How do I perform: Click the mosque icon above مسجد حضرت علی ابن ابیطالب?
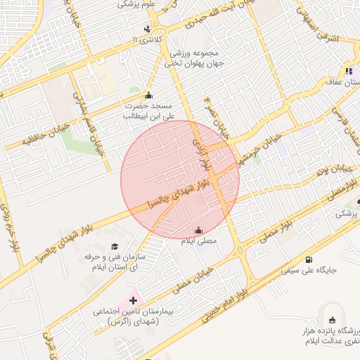tap(148, 95)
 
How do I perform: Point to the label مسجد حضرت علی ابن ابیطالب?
tap(149, 110)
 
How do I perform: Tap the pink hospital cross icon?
tap(133, 300)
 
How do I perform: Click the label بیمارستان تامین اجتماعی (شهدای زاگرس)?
tap(133, 316)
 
